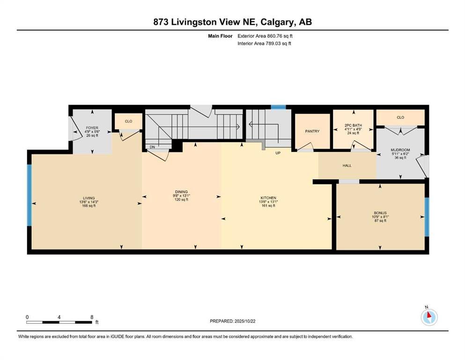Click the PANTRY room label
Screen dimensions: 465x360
point(312,131)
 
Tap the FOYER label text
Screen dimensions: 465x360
point(92,128)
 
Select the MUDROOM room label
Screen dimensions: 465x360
point(400,150)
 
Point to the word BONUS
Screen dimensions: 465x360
point(380,213)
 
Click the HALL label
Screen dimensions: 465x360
point(347,165)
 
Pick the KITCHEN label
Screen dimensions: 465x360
point(268,198)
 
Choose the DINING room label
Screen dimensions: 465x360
point(181,192)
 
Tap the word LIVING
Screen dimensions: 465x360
point(89,198)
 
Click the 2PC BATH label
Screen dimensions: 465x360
point(353,126)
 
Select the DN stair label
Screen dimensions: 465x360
point(152,147)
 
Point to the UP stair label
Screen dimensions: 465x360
point(278,153)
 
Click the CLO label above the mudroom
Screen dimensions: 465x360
point(400,117)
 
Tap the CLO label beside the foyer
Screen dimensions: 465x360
point(128,121)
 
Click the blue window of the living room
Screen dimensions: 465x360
point(30,195)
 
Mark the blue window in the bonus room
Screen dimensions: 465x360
point(427,217)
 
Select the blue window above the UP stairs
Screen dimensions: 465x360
point(278,107)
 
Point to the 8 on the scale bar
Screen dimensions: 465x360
point(92,317)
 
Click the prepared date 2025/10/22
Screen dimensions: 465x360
point(245,321)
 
